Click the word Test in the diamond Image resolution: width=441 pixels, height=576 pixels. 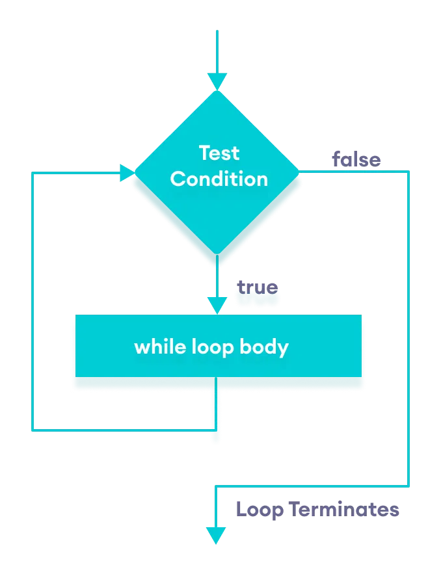coord(219,153)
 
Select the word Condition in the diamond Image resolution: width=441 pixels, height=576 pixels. coord(219,179)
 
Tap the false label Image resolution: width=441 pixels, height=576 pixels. coord(356,159)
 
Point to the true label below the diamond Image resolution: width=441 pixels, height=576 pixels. coord(257,287)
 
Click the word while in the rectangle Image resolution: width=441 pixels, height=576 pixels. coord(153,347)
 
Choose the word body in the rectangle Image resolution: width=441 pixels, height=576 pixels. coord(263,347)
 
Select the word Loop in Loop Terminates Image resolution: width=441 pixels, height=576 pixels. coord(260,509)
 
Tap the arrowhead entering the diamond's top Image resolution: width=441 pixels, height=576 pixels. coord(217,82)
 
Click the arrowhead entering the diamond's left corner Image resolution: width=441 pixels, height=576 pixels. coord(127,172)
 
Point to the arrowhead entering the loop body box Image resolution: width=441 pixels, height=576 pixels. coord(217,306)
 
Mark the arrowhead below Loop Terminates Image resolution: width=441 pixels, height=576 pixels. coord(216,535)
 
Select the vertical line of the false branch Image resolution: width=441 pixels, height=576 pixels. coord(408,325)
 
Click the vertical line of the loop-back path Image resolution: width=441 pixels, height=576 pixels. coord(33,299)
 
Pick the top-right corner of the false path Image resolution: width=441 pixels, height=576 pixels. coord(408,172)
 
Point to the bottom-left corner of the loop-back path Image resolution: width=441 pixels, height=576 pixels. coord(33,430)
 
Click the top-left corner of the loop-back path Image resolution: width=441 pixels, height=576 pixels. coord(33,173)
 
